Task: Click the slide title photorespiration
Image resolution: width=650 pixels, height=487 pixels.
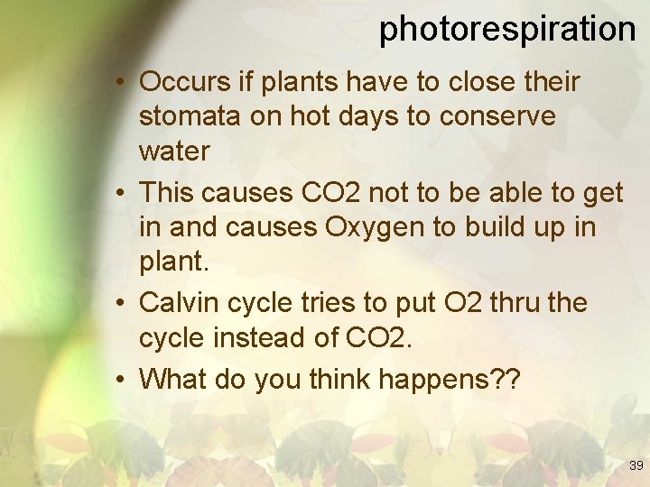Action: point(507,30)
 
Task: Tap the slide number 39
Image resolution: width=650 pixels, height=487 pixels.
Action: point(636,465)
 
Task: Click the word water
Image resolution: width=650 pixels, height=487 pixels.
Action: point(173,152)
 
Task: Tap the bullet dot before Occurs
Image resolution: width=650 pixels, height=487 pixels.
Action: point(119,83)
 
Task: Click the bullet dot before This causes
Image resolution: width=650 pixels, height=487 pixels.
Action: point(119,193)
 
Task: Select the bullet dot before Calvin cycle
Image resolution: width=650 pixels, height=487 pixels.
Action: point(119,304)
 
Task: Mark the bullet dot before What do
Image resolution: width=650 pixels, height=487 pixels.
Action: point(119,380)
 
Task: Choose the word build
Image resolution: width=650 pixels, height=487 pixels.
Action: point(494,227)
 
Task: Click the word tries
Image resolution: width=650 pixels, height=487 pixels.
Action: point(350,303)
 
